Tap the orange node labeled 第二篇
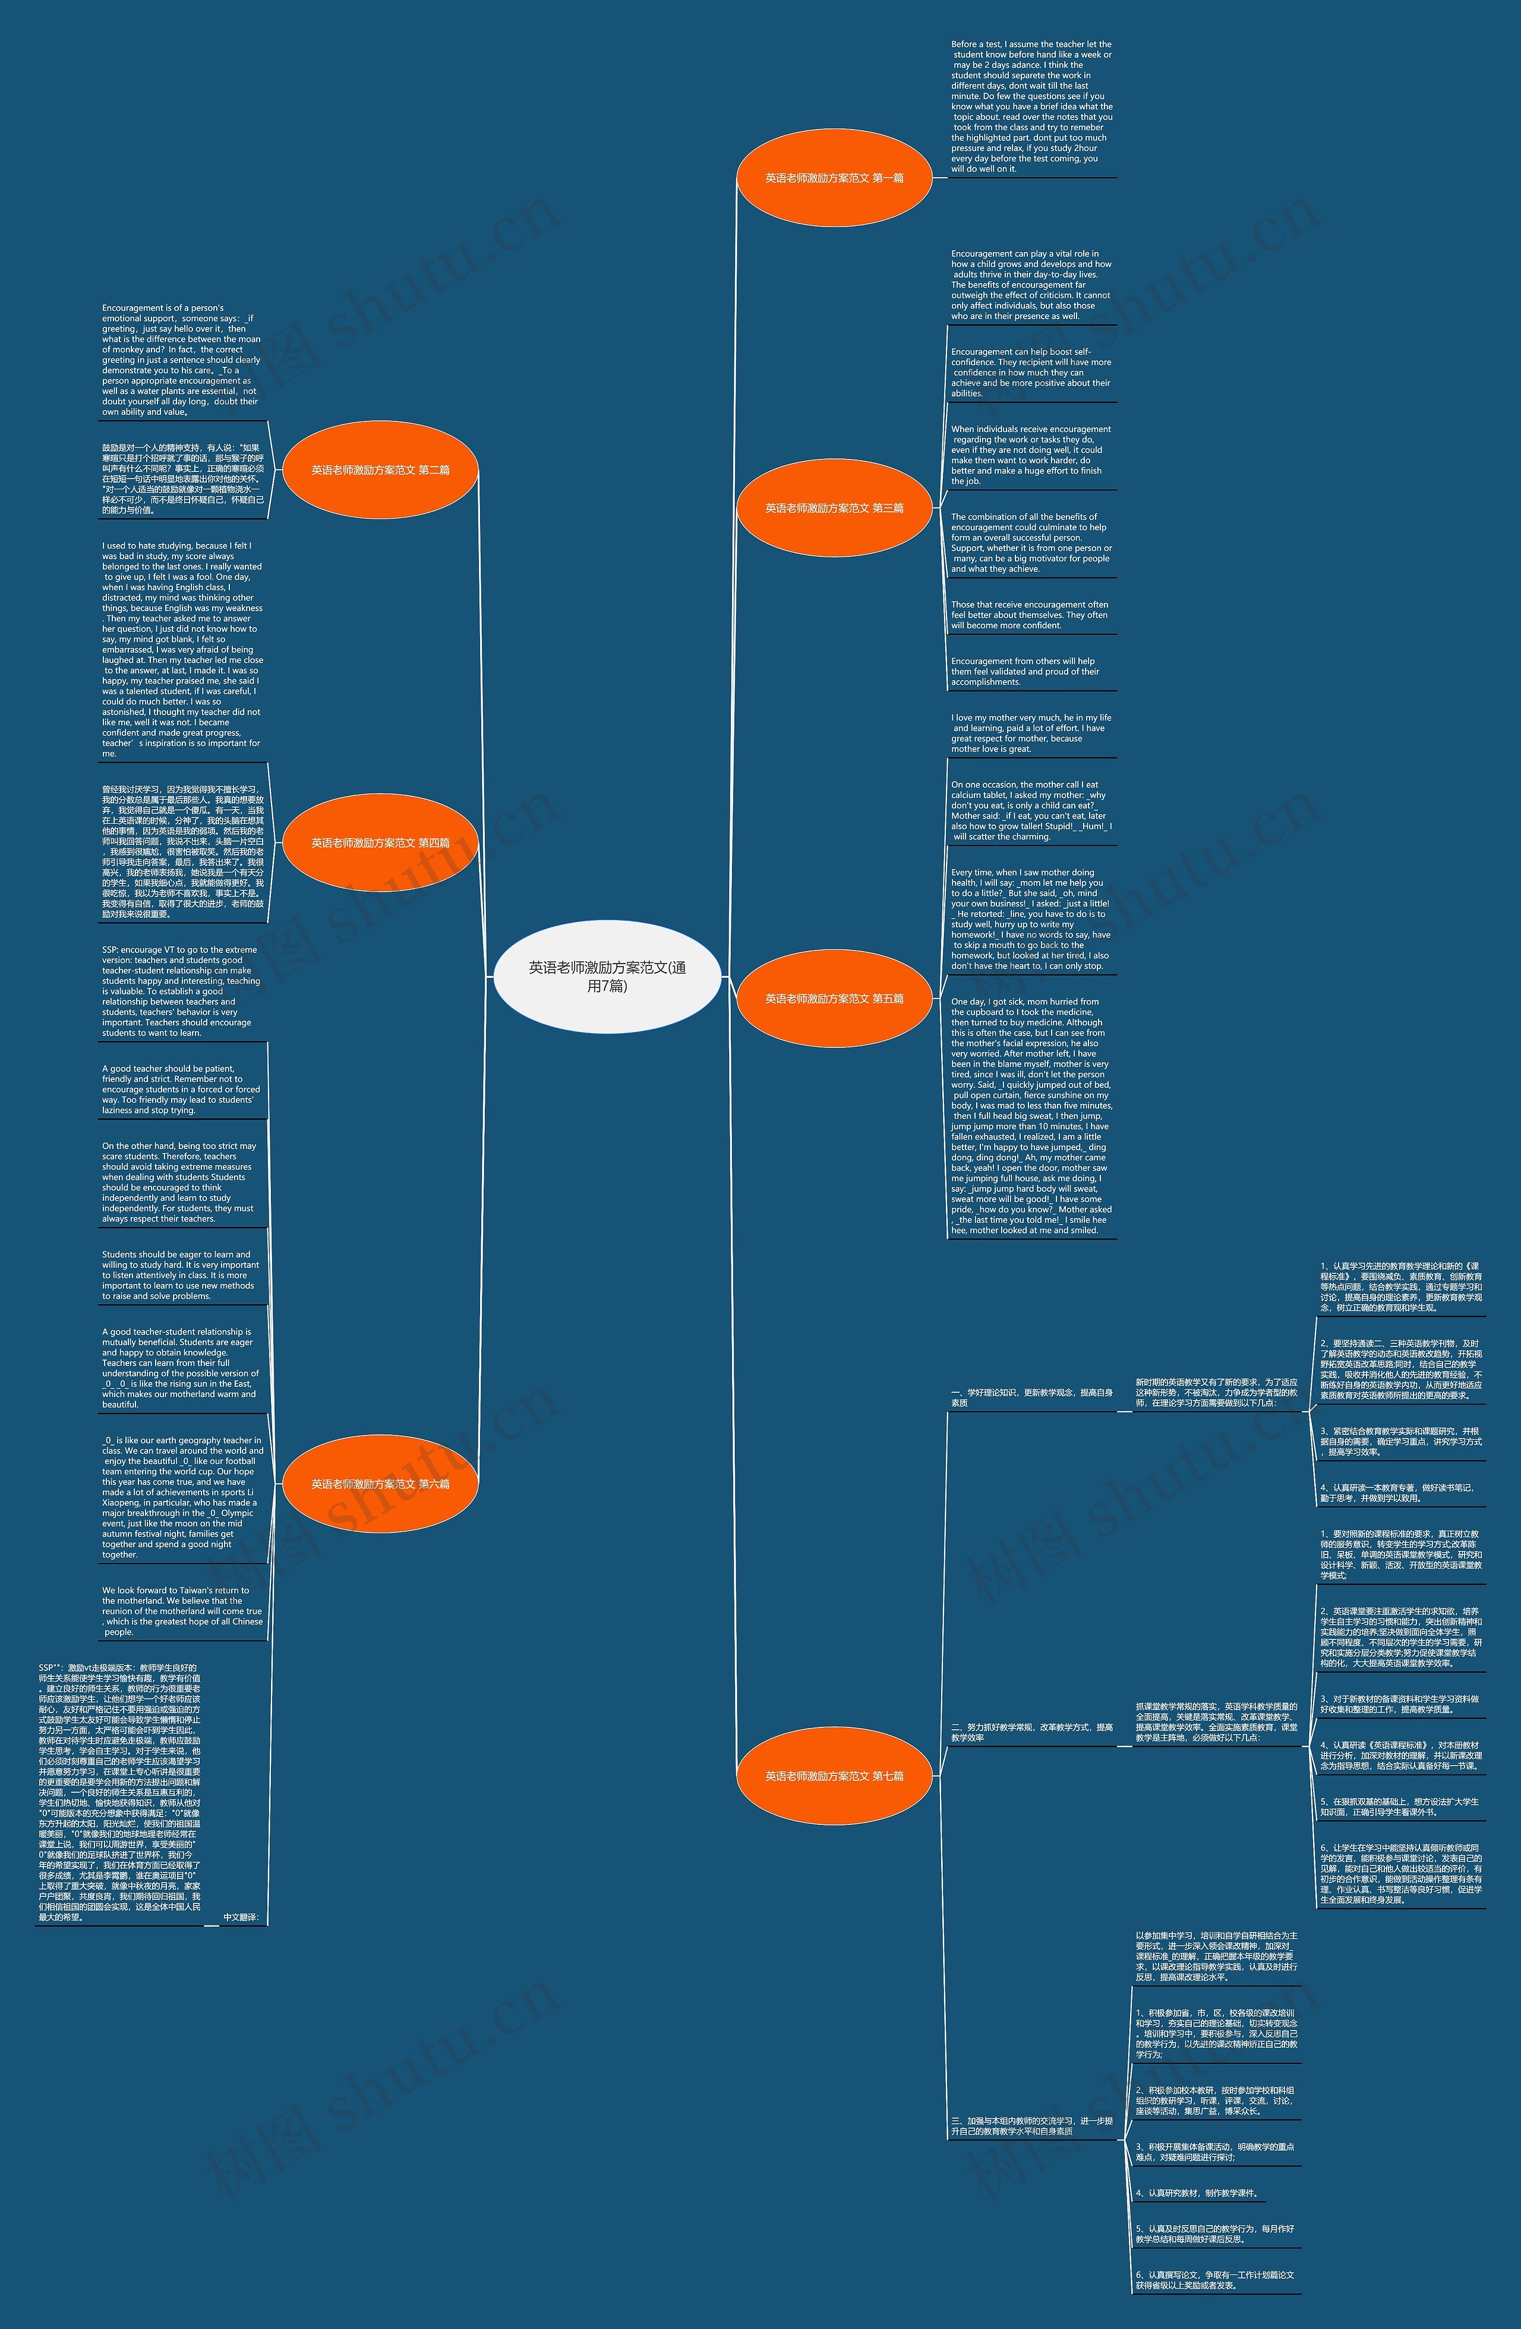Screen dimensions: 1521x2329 [x=380, y=470]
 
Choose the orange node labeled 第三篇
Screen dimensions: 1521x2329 [x=834, y=508]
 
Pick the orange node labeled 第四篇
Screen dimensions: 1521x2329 [x=380, y=842]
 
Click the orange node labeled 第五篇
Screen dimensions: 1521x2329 [x=834, y=998]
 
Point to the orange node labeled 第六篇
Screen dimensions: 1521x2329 [x=380, y=1484]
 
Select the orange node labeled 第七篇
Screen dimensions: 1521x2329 [x=834, y=1775]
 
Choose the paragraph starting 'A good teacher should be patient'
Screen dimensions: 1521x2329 [x=182, y=1089]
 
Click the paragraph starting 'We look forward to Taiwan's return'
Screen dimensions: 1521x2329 [x=182, y=1611]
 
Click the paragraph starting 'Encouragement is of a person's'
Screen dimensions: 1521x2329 [x=182, y=360]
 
